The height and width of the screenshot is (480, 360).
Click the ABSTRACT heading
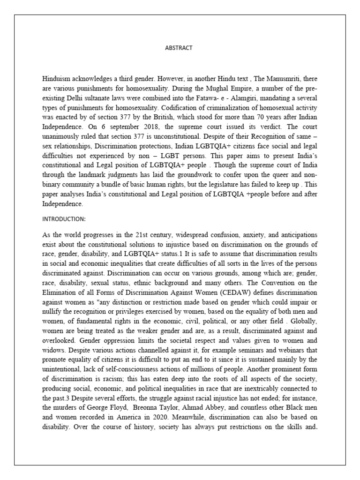(179, 48)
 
